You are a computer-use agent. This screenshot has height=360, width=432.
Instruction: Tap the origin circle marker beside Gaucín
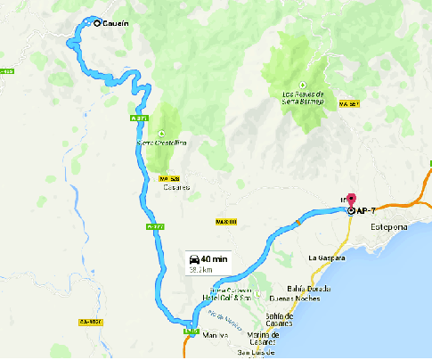click(x=96, y=23)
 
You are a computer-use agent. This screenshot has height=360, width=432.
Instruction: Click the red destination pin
click(x=350, y=201)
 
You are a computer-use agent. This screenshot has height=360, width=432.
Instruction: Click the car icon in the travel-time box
click(x=194, y=258)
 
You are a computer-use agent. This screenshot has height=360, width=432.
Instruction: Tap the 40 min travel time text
click(x=215, y=258)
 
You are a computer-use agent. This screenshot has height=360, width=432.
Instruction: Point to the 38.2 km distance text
click(x=201, y=268)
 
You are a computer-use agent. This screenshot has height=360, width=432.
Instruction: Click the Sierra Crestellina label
click(x=161, y=143)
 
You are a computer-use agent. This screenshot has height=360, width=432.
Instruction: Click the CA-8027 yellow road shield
click(x=91, y=322)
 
